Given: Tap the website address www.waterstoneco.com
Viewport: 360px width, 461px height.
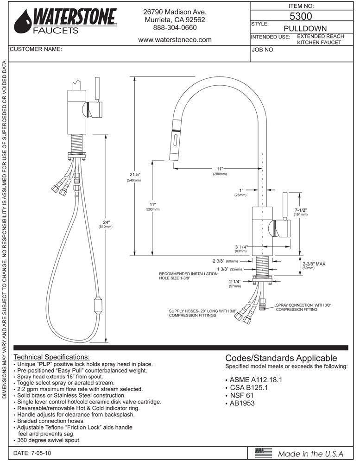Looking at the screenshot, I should click(x=175, y=40).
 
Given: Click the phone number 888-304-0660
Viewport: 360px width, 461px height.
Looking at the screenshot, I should click(x=175, y=28).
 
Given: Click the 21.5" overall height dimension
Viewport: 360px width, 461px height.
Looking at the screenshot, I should click(x=135, y=175).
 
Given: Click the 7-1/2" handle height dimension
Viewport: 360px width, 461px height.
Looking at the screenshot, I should click(x=301, y=210).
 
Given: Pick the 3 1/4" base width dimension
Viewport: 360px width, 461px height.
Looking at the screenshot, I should click(x=241, y=247).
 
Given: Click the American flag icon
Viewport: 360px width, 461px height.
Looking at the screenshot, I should click(x=264, y=453).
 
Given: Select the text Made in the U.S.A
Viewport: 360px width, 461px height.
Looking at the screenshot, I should click(x=311, y=453).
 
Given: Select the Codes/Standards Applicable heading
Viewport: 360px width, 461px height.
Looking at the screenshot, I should click(x=281, y=358).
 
